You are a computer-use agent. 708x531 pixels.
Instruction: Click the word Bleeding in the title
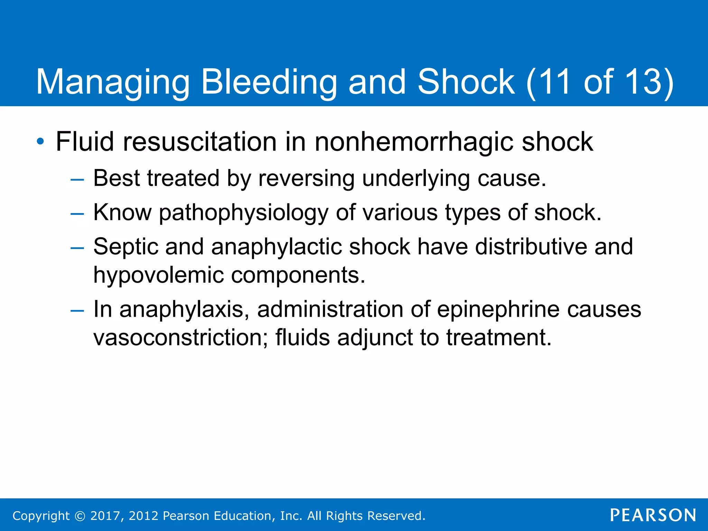point(269,82)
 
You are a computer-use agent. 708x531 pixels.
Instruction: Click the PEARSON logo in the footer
point(653,515)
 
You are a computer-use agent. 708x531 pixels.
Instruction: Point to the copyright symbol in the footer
point(80,516)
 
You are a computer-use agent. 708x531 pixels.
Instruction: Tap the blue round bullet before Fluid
point(40,141)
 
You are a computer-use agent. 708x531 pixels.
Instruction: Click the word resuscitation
point(199,142)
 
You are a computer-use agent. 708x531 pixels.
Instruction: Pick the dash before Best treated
point(77,180)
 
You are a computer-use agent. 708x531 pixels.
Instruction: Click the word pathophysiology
point(243,213)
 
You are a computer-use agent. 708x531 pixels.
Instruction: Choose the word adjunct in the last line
point(375,338)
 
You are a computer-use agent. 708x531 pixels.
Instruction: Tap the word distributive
point(531,247)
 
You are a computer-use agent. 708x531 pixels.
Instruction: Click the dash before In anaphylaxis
point(77,310)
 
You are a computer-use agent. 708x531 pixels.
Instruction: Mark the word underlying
point(416,179)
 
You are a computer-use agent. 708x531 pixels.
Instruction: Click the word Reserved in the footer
point(395,516)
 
